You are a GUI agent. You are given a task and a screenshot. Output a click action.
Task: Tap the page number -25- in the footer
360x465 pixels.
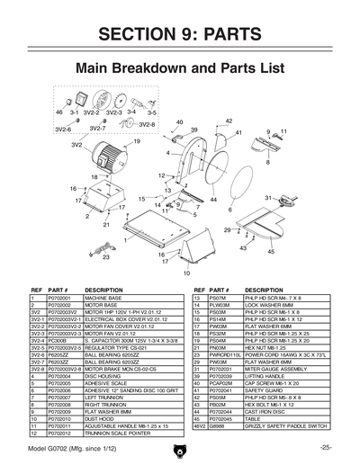326,448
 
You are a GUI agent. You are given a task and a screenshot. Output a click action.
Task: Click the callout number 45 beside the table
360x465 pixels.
270,252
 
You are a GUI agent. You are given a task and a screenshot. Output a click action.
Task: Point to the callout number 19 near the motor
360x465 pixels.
137,141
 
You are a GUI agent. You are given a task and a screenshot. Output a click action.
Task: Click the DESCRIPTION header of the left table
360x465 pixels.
103,290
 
